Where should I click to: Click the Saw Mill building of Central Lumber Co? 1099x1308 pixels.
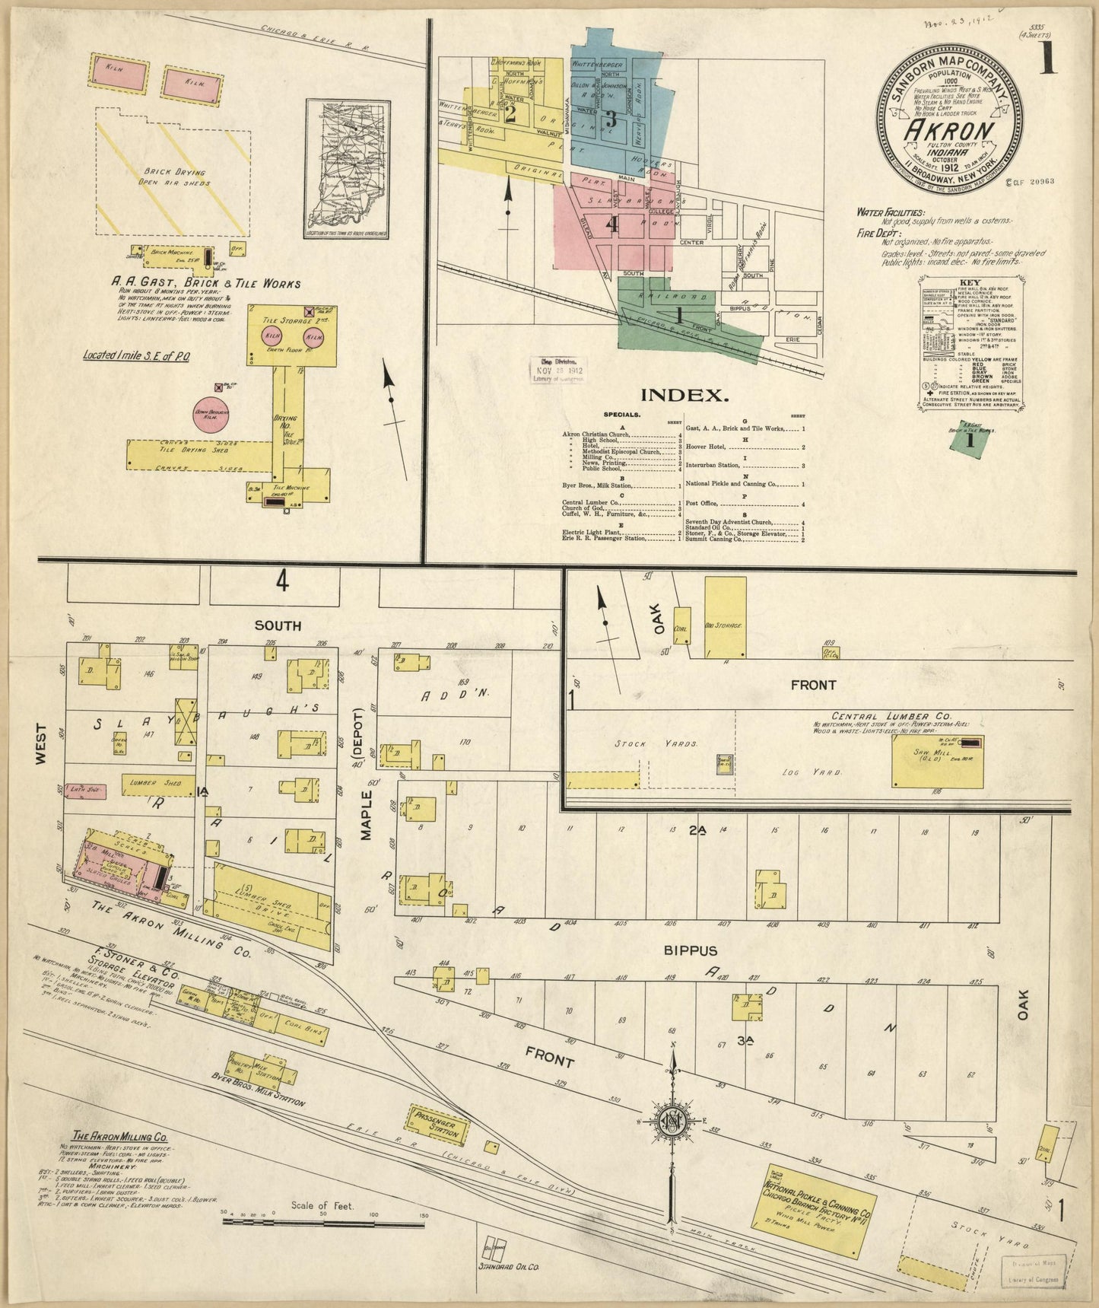937,761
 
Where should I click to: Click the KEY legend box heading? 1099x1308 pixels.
970,282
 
